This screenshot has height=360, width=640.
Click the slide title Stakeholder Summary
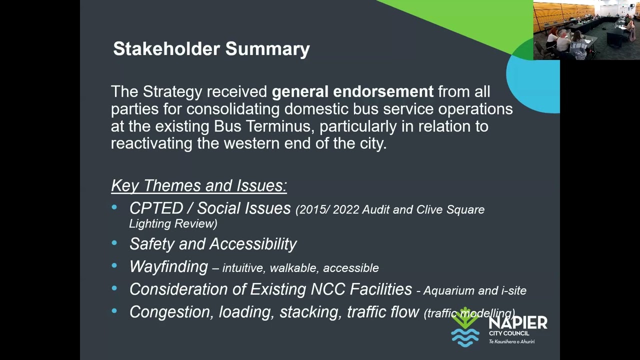211,49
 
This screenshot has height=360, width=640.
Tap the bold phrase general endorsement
352,92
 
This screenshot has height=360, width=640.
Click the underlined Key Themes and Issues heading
198,185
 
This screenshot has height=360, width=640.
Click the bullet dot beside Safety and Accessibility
114,243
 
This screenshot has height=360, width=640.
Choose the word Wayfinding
168,266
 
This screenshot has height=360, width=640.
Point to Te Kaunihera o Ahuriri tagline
511,341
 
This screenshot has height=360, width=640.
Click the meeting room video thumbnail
586,30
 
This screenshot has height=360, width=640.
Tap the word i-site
512,290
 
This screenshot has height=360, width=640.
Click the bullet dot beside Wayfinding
114,266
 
